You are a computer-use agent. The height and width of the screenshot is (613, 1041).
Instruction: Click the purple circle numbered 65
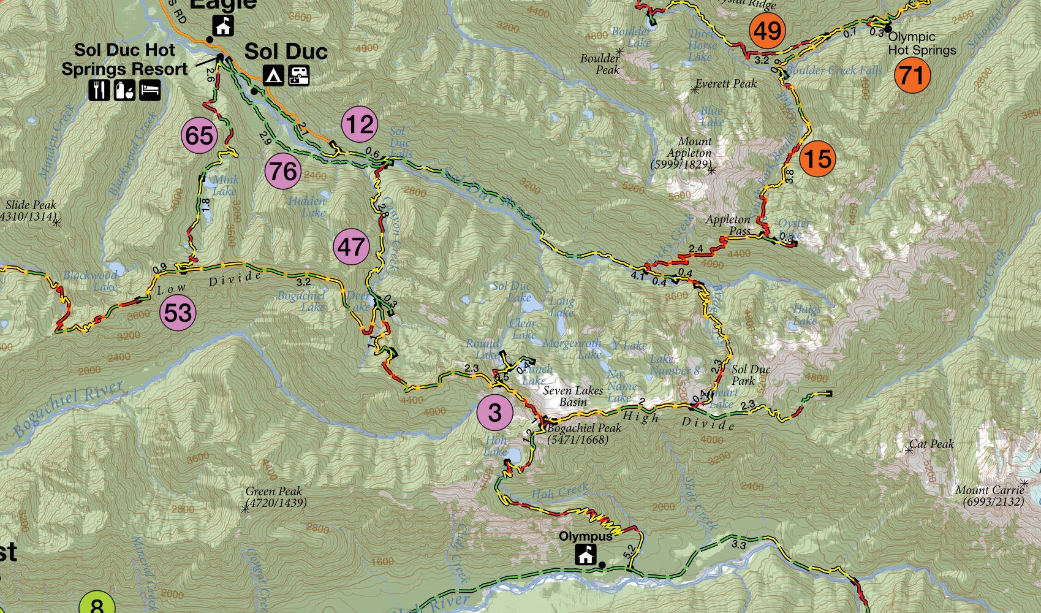pos(200,135)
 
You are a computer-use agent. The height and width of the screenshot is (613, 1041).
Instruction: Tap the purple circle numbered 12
pos(360,124)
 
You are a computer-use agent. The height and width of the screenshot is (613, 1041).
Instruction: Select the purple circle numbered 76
pos(283,172)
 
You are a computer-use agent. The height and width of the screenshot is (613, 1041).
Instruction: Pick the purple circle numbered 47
pos(352,247)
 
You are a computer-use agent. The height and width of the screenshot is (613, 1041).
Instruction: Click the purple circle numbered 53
pos(178,313)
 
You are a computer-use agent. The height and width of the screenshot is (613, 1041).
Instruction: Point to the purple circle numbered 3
pos(495,413)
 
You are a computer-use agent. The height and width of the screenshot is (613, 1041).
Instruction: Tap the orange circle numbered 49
pos(767,31)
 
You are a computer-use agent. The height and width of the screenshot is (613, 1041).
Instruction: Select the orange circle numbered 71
pos(912,75)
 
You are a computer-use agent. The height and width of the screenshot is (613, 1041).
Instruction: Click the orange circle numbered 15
pos(817,159)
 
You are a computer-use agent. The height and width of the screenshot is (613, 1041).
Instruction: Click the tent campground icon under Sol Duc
pos(273,75)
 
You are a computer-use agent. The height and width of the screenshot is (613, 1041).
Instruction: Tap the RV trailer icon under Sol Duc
pos(298,75)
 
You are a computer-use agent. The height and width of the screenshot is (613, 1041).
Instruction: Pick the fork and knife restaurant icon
pos(99,90)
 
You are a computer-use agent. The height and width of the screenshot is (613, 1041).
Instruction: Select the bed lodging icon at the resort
pos(150,90)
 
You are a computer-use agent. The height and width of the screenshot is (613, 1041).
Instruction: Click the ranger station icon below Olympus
pos(586,555)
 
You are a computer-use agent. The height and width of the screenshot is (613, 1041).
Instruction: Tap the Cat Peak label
pos(931,444)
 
